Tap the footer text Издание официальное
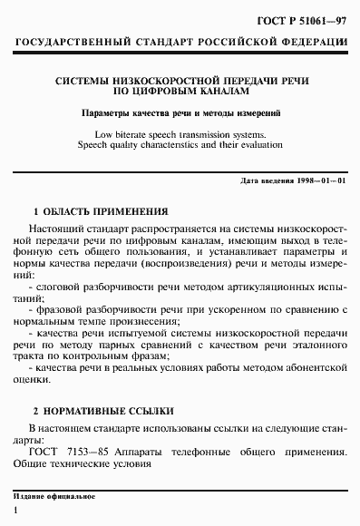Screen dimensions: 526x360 (x=54, y=498)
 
